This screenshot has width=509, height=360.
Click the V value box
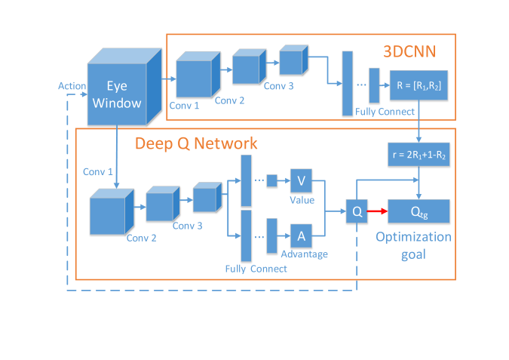pyautogui.click(x=302, y=182)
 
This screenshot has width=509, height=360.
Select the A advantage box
pyautogui.click(x=302, y=235)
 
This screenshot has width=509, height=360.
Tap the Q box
pyautogui.click(x=356, y=211)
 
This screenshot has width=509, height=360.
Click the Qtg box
pyautogui.click(x=419, y=211)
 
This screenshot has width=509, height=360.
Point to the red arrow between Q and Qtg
pyautogui.click(x=376, y=211)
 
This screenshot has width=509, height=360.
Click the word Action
pyautogui.click(x=72, y=86)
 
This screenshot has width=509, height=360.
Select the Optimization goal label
pyautogui.click(x=413, y=245)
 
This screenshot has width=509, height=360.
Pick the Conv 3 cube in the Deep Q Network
pyautogui.click(x=205, y=199)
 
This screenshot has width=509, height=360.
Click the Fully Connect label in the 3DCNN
pyautogui.click(x=385, y=112)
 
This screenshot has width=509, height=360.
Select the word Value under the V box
pyautogui.click(x=302, y=201)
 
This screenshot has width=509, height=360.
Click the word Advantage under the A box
pyautogui.click(x=304, y=254)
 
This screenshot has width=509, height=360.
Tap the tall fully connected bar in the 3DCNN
pyautogui.click(x=348, y=81)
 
